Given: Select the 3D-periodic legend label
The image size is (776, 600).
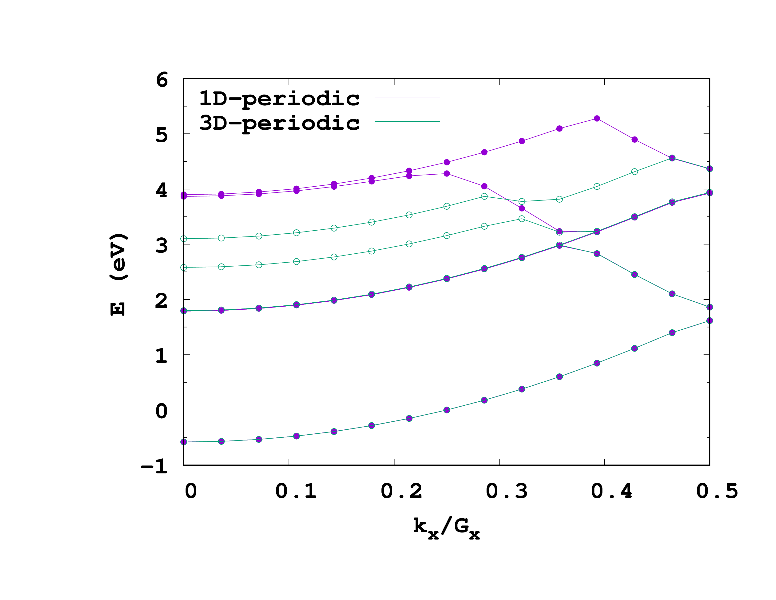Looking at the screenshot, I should click(x=279, y=123).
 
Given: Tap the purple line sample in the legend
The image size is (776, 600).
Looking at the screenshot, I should click(x=407, y=97).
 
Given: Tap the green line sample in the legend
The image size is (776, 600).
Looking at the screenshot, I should click(x=407, y=122).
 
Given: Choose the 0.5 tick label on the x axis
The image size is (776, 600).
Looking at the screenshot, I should click(x=717, y=491).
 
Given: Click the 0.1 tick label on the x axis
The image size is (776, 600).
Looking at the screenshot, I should click(x=296, y=491).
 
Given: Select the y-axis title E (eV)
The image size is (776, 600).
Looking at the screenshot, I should click(x=118, y=274).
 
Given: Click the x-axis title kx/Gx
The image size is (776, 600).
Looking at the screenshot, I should click(x=446, y=528).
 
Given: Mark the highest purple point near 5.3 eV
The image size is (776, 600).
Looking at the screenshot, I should click(x=597, y=118).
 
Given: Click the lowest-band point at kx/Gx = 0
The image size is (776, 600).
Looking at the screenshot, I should click(x=184, y=442).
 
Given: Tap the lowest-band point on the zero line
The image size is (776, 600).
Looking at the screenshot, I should click(x=447, y=410).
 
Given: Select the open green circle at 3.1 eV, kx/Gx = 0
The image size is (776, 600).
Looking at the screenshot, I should click(x=184, y=239).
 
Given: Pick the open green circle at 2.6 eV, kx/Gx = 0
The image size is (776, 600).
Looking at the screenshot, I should click(x=184, y=267).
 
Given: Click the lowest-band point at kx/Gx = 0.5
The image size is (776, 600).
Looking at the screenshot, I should click(x=709, y=321).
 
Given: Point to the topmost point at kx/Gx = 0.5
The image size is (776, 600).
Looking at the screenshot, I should click(x=709, y=168).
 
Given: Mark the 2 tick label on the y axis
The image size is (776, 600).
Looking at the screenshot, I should click(x=162, y=301).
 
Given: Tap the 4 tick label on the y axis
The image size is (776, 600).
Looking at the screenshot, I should click(x=162, y=191).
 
